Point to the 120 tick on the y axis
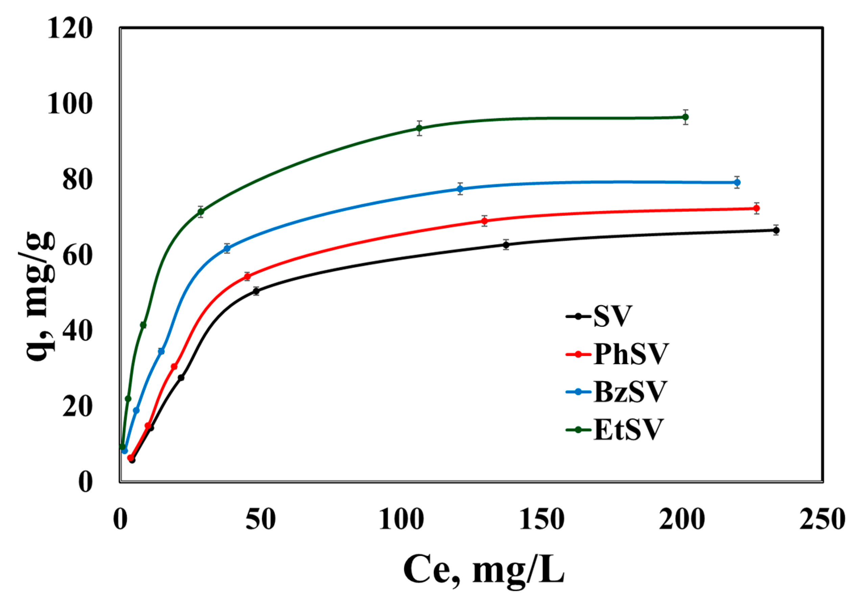(x=70, y=29)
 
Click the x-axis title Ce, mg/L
(x=483, y=573)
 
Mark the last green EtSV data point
(x=685, y=117)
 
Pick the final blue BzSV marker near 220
(x=737, y=183)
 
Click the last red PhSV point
(x=756, y=208)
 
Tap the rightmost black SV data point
(x=776, y=230)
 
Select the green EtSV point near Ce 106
(x=419, y=128)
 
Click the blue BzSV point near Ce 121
(x=460, y=189)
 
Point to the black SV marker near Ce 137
(x=506, y=245)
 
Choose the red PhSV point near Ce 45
(x=247, y=277)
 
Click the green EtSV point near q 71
(x=201, y=212)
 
